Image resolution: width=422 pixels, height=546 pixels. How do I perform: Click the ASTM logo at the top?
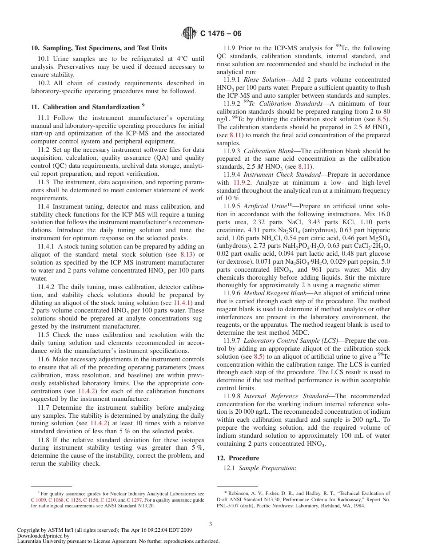pyautogui.click(x=189, y=33)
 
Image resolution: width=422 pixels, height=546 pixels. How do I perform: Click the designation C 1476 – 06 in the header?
pyautogui.click(x=221, y=34)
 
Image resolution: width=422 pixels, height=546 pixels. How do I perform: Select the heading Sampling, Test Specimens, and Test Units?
pyautogui.click(x=99, y=48)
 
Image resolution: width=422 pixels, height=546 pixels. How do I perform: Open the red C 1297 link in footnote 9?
pyautogui.click(x=135, y=499)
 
